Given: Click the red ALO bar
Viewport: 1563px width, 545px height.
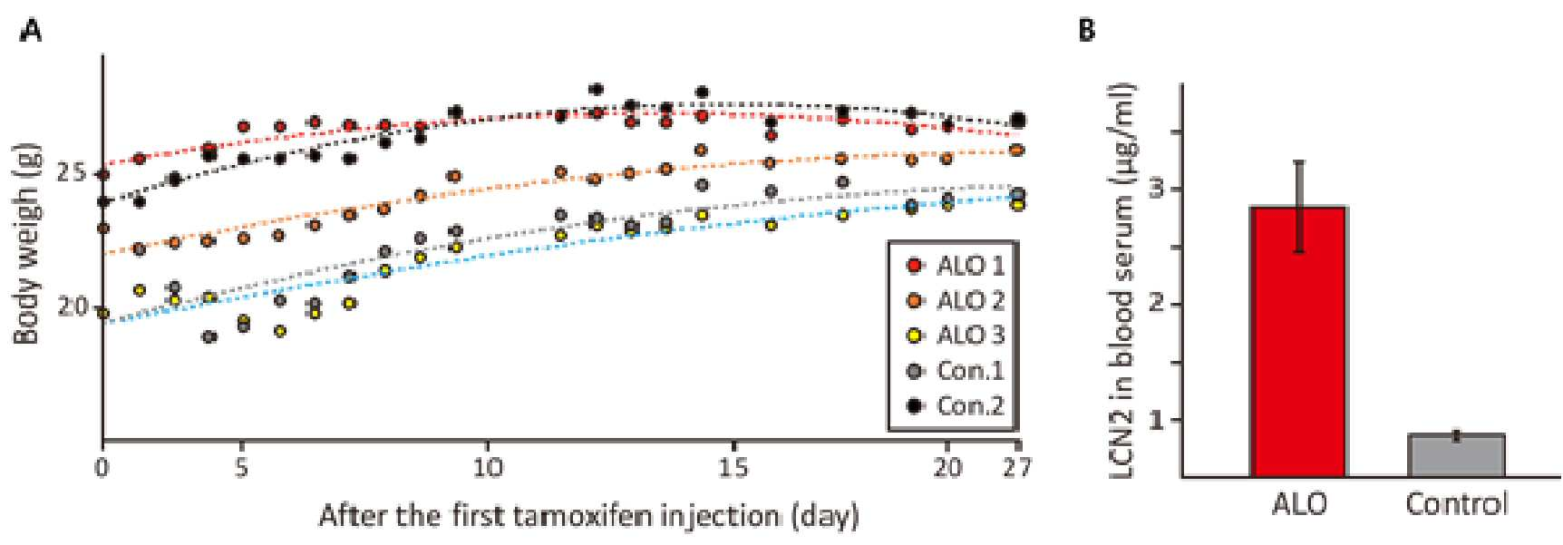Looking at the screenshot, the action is tap(1298, 341).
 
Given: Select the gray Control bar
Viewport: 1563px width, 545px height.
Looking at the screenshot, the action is tap(1456, 455).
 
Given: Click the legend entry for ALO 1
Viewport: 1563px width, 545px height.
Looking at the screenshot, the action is tap(956, 266).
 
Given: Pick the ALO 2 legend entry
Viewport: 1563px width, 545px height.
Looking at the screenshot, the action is tap(956, 300).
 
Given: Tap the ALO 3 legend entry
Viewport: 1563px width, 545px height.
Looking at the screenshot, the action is tap(956, 335).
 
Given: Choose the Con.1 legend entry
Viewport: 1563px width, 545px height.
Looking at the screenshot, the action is tap(956, 370).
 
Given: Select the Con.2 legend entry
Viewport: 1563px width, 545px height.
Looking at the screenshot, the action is tap(956, 404).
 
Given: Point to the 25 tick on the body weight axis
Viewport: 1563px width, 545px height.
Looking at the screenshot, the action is tap(72, 172).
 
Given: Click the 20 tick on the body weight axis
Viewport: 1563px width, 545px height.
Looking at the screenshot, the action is tap(72, 307).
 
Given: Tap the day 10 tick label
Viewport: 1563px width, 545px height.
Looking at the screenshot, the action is tap(487, 468).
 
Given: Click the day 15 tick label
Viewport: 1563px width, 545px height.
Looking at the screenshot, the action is tap(733, 468).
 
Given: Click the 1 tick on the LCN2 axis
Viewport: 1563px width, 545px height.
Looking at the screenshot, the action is tap(1155, 420).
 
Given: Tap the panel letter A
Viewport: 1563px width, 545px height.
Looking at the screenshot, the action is tap(31, 31).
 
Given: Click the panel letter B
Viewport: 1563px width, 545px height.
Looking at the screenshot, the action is tap(1087, 31).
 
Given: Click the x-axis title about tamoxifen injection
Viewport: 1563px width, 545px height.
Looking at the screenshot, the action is tap(588, 516).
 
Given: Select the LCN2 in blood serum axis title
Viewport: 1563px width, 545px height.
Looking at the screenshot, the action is tap(1121, 281).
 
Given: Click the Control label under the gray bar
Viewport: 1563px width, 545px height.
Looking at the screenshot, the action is tap(1456, 503).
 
